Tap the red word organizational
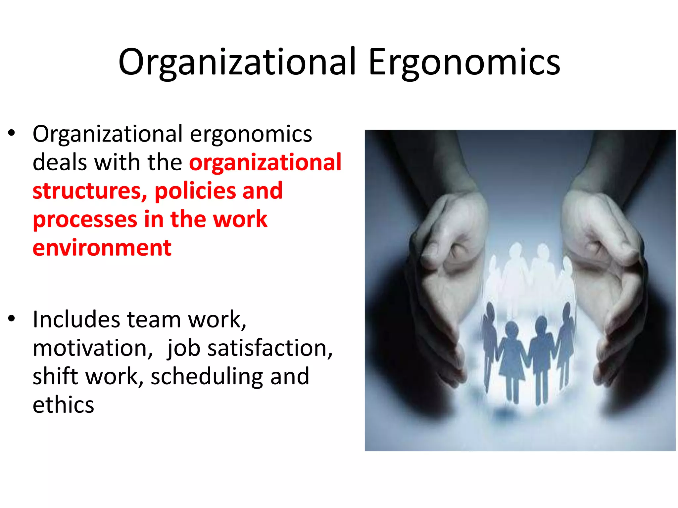coord(265,162)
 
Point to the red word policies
coord(195,191)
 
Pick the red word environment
coord(102,248)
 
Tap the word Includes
coord(76,319)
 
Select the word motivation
coord(93,348)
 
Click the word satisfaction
coord(270,348)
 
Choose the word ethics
coord(63,405)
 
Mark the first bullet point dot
coord(12,134)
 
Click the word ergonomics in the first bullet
coord(251,134)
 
